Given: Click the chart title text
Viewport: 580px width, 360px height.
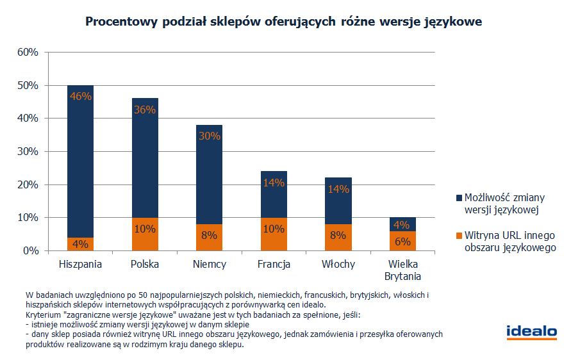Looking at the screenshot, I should tap(283, 22).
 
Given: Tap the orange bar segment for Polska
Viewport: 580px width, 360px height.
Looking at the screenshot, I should tap(145, 234).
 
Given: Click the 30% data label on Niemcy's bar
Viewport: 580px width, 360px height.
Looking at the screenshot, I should tap(209, 136).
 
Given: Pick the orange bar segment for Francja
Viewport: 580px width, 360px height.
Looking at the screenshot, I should tap(274, 234).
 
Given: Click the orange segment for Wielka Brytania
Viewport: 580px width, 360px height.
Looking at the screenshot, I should tap(402, 241).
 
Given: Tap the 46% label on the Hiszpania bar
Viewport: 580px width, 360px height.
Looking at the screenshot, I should tap(81, 97).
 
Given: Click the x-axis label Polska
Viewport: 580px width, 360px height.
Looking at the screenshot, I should tap(145, 264).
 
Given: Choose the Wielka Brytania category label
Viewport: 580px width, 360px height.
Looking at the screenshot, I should tap(402, 270).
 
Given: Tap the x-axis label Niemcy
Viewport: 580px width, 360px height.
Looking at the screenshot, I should tap(209, 264).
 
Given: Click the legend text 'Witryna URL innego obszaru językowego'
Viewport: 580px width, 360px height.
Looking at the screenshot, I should tap(509, 241).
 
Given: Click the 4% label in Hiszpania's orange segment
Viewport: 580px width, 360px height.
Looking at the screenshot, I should tap(81, 244).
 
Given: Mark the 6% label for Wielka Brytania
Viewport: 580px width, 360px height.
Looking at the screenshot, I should tap(402, 241).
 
